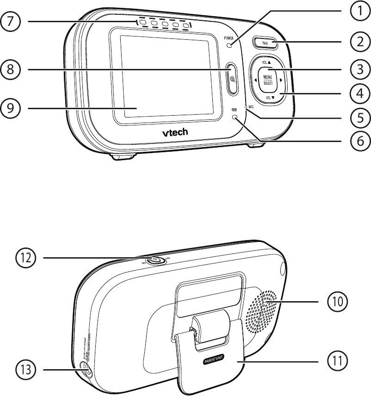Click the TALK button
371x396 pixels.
click(265, 43)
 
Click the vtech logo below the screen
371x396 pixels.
click(175, 133)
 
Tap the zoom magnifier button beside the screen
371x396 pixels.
click(232, 79)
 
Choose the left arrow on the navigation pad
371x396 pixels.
click(254, 80)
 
